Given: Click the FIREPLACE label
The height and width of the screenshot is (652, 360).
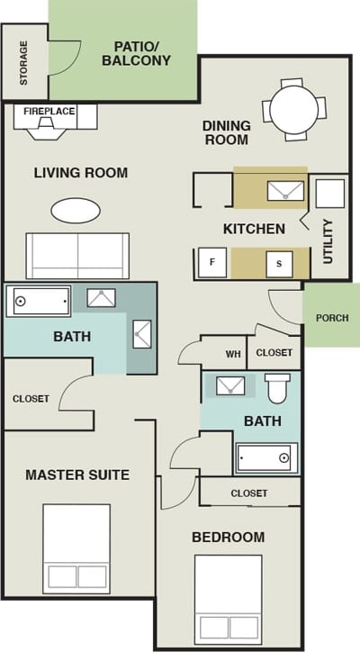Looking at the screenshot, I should (x=49, y=112).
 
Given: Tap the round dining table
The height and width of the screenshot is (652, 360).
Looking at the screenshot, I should (x=296, y=110).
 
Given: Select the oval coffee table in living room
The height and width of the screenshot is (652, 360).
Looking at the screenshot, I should (x=76, y=210).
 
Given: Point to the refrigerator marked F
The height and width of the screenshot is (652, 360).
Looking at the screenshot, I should (x=211, y=262).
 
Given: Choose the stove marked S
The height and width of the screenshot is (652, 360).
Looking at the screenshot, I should (x=279, y=263).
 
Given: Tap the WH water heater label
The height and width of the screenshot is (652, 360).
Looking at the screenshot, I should (x=233, y=354).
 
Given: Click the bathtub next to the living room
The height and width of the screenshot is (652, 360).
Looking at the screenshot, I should (x=39, y=300).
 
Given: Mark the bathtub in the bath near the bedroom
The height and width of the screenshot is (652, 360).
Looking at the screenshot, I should (x=266, y=457).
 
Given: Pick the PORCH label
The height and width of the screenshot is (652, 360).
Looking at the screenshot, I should (x=332, y=318).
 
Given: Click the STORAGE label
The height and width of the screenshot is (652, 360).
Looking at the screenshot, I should (x=23, y=62).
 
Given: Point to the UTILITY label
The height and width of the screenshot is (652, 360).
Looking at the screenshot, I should (x=328, y=240).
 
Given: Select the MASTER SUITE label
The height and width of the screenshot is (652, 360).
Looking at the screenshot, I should (x=77, y=475).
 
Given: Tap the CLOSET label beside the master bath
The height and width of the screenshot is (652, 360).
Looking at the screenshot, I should (x=31, y=398).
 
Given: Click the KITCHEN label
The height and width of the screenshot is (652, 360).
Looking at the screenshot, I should (x=255, y=229).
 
